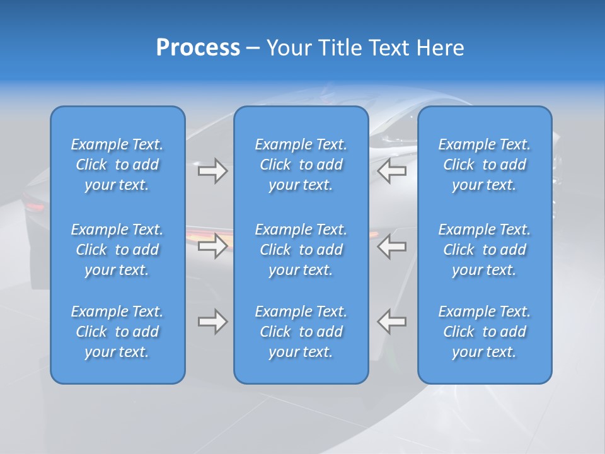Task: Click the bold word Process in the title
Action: [x=198, y=48]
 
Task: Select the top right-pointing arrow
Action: [x=212, y=171]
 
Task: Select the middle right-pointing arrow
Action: [x=212, y=246]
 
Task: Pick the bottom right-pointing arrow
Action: [x=212, y=322]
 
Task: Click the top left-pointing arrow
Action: [x=391, y=171]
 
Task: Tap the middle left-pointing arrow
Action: [x=391, y=246]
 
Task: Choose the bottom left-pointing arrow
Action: [x=391, y=322]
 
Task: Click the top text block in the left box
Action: [x=117, y=165]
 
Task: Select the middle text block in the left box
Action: [x=117, y=250]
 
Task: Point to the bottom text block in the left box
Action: [x=117, y=332]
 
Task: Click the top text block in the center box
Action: [x=301, y=165]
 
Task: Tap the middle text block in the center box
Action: [x=301, y=250]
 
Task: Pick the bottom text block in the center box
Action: [x=301, y=332]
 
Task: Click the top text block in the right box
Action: [x=484, y=165]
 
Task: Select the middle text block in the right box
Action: [x=484, y=250]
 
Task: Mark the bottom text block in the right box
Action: [x=484, y=332]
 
